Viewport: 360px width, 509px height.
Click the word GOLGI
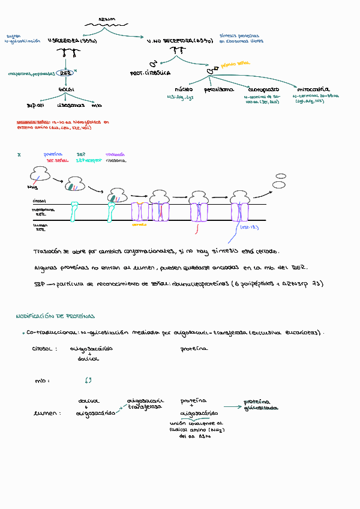66,89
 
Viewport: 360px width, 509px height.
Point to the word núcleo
184,89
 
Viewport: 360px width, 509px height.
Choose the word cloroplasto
261,89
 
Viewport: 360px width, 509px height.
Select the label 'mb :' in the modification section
41,381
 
